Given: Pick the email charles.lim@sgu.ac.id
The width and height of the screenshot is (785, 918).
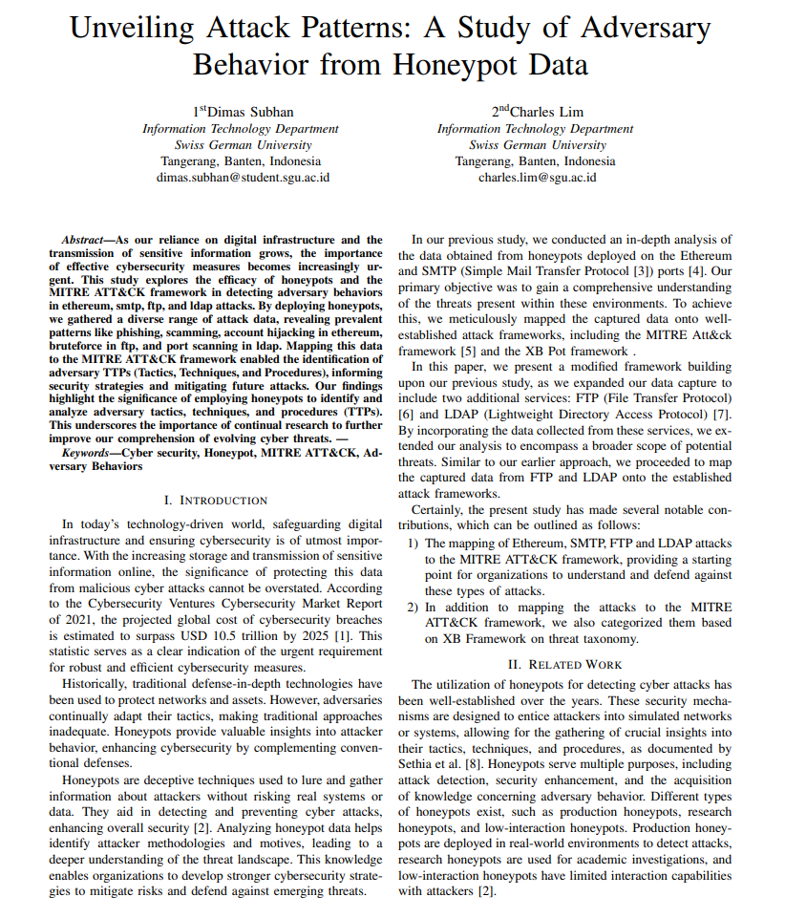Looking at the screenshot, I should [536, 177].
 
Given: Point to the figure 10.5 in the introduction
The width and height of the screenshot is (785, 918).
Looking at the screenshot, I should [237, 635].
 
